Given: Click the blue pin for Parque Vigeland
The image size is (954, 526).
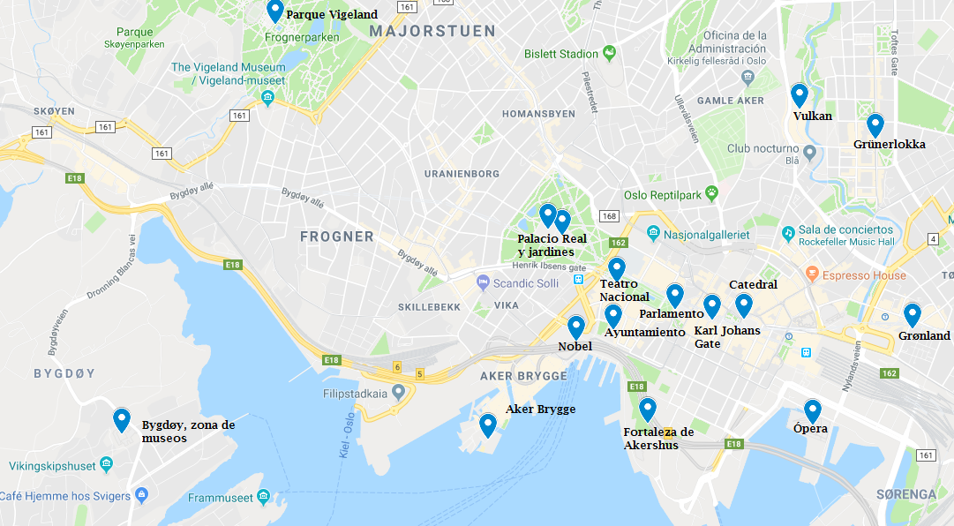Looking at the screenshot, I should coord(274,11).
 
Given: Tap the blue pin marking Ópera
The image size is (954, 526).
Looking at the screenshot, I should coord(812,410).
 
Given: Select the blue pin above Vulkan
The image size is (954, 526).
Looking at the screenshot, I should coord(800,94).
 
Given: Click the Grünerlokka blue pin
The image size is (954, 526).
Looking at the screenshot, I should coord(875,124).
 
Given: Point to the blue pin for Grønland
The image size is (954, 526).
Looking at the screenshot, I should coord(912,314).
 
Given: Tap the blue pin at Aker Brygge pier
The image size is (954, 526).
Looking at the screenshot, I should coord(487,425).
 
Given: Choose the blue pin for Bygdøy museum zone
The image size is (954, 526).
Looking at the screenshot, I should coord(122,420).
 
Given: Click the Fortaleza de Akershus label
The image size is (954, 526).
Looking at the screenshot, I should coord(657,438).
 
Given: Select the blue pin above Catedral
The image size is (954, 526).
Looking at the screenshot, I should coord(743,304).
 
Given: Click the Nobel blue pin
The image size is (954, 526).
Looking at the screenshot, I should coord(576,327).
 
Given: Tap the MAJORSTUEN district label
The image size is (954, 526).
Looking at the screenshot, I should coord(433,31).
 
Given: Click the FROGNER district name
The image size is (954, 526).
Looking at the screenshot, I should coord(337,237).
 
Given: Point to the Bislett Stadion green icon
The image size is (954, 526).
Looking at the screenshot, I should coord(609,54).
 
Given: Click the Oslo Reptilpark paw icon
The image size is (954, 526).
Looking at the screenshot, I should coord(710,195).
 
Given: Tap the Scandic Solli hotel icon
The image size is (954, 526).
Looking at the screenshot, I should coord(483,282).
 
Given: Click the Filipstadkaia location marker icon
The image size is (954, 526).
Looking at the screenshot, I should coord(398,391).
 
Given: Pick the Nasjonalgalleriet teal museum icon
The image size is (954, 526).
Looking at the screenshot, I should coord(652,234).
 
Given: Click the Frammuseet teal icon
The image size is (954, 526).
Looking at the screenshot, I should coord(262,497).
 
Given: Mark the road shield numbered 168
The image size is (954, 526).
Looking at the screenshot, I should coord(608,216).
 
